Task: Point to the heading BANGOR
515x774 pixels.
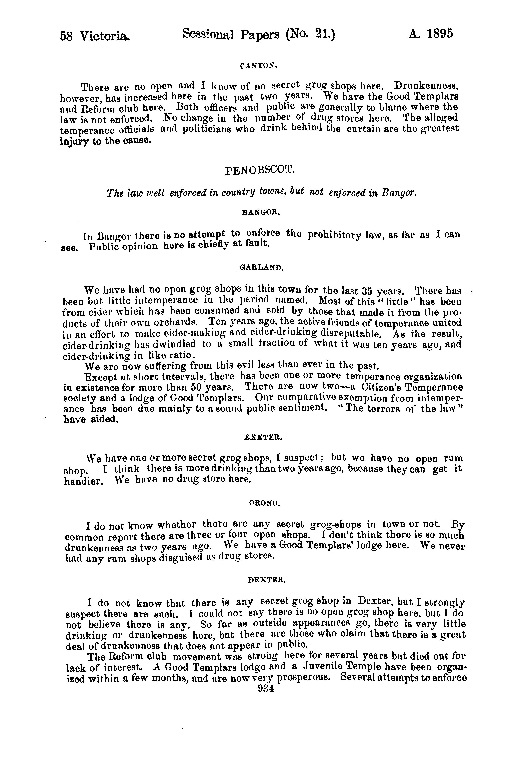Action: point(261,213)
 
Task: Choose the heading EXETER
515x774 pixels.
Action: point(264,438)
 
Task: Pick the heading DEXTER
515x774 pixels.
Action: point(267,580)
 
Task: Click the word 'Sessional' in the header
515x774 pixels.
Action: point(208,34)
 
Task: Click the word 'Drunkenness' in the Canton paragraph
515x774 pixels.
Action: point(426,86)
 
